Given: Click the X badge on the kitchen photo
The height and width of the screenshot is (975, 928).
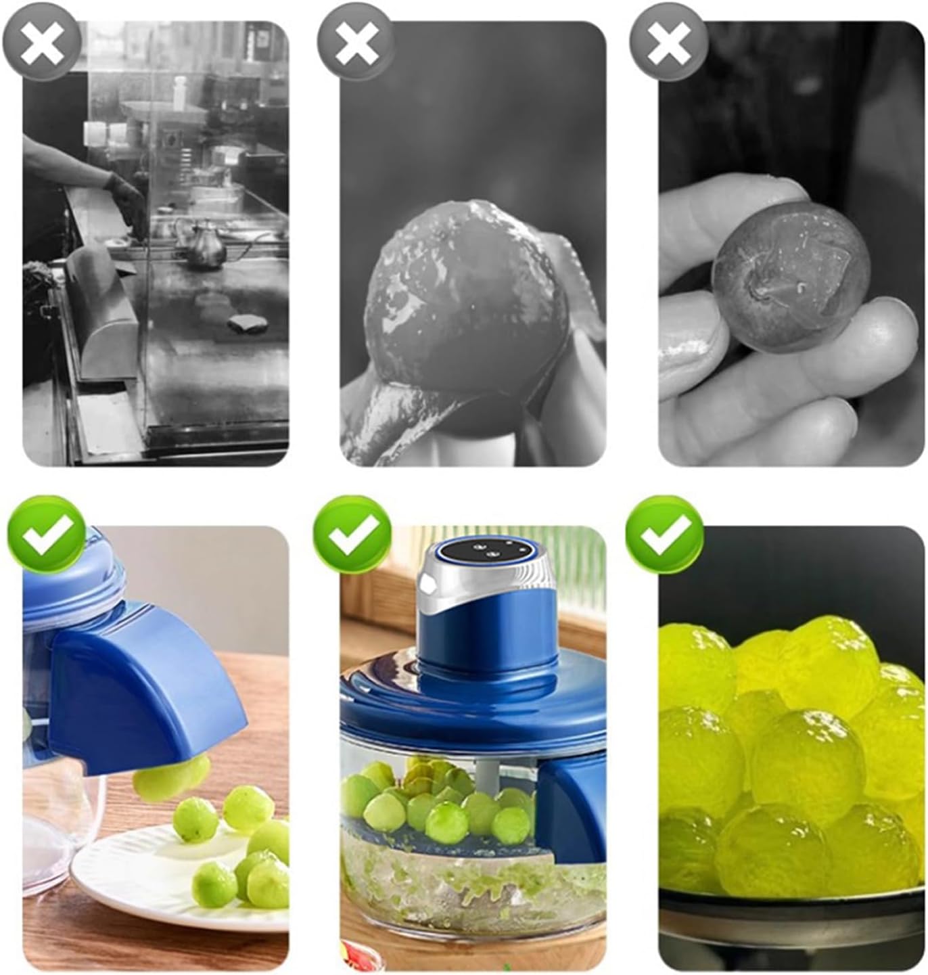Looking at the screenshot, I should (x=42, y=42).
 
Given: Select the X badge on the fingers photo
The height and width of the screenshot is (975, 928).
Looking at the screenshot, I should (x=668, y=42).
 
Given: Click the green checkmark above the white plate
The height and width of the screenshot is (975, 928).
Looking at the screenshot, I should (x=47, y=535).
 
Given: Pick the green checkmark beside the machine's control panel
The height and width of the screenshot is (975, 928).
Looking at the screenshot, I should (x=352, y=535).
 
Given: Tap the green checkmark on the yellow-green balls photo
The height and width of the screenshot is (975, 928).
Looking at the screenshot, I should (x=664, y=535).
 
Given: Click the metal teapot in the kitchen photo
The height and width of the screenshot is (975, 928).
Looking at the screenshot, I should (x=202, y=244).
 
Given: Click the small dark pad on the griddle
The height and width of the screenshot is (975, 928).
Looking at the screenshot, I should (x=248, y=323).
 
